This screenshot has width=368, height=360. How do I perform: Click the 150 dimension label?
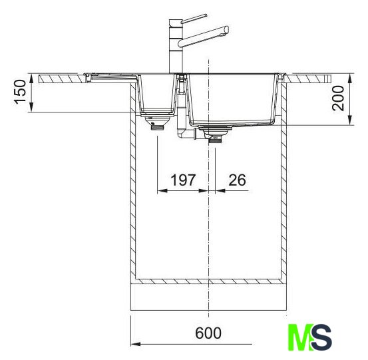click(20, 92)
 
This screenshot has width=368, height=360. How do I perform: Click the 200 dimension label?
click(338, 98)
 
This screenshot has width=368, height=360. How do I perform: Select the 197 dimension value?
click(182, 180)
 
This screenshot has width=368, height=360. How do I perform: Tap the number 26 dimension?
click(237, 180)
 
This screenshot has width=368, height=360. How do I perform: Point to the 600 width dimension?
click(208, 333)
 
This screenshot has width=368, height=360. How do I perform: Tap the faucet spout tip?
click(226, 31)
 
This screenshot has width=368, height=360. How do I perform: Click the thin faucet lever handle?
click(194, 19)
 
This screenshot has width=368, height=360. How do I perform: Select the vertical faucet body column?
click(176, 47)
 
